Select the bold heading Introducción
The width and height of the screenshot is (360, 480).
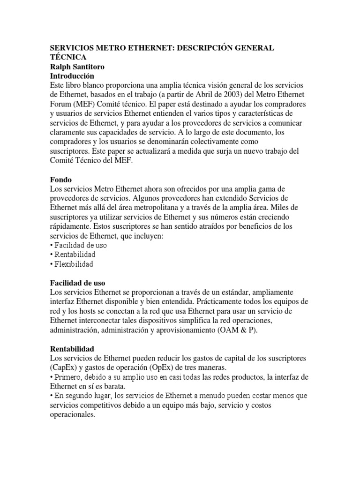[72, 75]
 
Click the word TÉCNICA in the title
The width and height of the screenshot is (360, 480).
[68, 57]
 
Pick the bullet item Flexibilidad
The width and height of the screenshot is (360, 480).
[74, 264]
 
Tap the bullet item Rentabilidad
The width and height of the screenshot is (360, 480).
[75, 255]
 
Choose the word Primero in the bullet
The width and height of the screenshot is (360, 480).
[69, 377]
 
